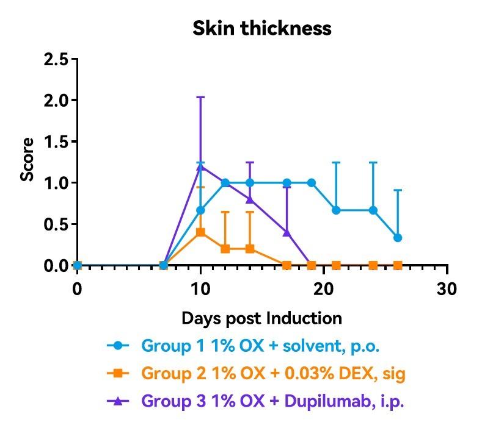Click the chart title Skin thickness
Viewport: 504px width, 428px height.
click(x=262, y=29)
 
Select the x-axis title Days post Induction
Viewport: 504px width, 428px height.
click(x=261, y=318)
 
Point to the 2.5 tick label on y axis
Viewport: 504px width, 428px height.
click(x=56, y=59)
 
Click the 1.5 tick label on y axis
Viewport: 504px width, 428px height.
click(x=56, y=141)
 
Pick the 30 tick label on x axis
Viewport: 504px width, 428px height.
click(x=447, y=288)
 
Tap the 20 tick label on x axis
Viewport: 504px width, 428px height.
click(x=324, y=288)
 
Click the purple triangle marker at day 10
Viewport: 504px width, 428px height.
click(x=200, y=166)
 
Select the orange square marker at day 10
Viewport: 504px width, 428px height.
click(x=200, y=232)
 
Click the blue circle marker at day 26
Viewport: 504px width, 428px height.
click(x=398, y=238)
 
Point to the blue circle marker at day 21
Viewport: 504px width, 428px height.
click(x=336, y=210)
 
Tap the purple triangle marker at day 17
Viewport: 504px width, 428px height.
click(x=287, y=232)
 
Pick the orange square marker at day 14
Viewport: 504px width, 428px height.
click(x=250, y=249)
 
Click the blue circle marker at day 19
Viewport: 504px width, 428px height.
click(x=312, y=183)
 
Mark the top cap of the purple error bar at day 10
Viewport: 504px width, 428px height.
click(x=200, y=97)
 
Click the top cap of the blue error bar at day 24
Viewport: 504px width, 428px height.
click(x=373, y=163)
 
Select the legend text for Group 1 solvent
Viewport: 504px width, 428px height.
click(x=261, y=346)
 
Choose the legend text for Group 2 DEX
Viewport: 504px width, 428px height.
click(x=274, y=373)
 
